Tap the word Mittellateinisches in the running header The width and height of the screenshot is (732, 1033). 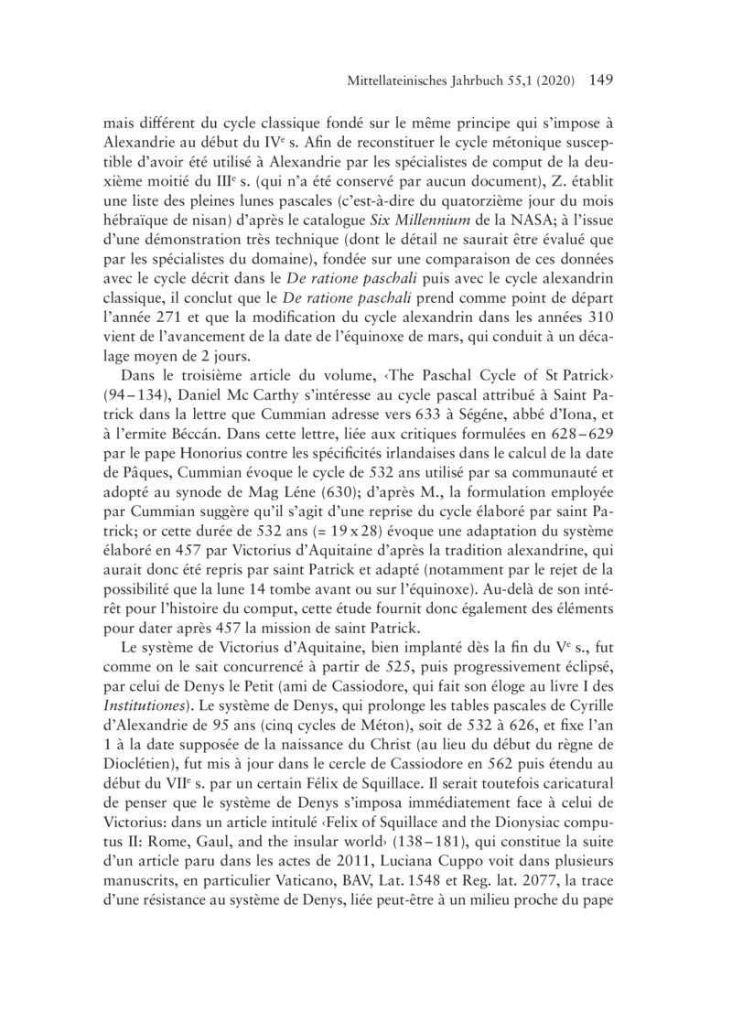pos(398,81)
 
